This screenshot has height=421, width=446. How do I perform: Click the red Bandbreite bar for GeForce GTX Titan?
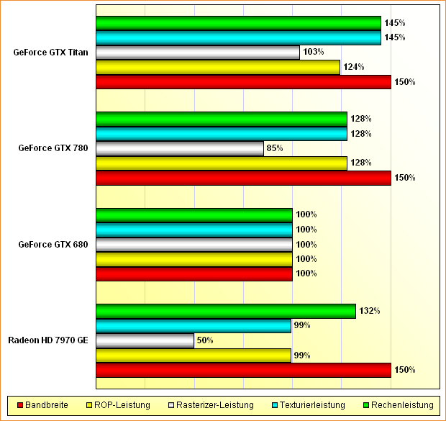[x=243, y=82]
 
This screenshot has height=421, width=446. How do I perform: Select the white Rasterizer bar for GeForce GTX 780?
[x=180, y=148]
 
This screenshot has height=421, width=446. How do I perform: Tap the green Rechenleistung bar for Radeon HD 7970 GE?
[x=226, y=311]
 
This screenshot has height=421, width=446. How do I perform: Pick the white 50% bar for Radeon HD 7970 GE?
[x=145, y=340]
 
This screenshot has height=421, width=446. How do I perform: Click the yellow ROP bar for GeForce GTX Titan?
[x=217, y=67]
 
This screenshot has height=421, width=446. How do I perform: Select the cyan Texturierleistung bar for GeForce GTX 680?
[x=194, y=230]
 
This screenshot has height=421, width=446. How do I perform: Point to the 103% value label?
[x=314, y=53]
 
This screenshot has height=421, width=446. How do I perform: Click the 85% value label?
[x=275, y=148]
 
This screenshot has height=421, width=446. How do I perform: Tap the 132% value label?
[x=370, y=311]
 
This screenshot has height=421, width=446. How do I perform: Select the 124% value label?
[x=354, y=67]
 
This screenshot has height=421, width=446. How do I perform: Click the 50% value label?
[x=206, y=340]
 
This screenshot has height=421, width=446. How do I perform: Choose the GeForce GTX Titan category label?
[x=50, y=53]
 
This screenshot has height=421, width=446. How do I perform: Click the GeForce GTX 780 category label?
[x=53, y=148]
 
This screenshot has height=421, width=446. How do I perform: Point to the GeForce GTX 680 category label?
[x=53, y=245]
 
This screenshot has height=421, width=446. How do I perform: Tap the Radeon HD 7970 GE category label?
[x=48, y=340]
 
